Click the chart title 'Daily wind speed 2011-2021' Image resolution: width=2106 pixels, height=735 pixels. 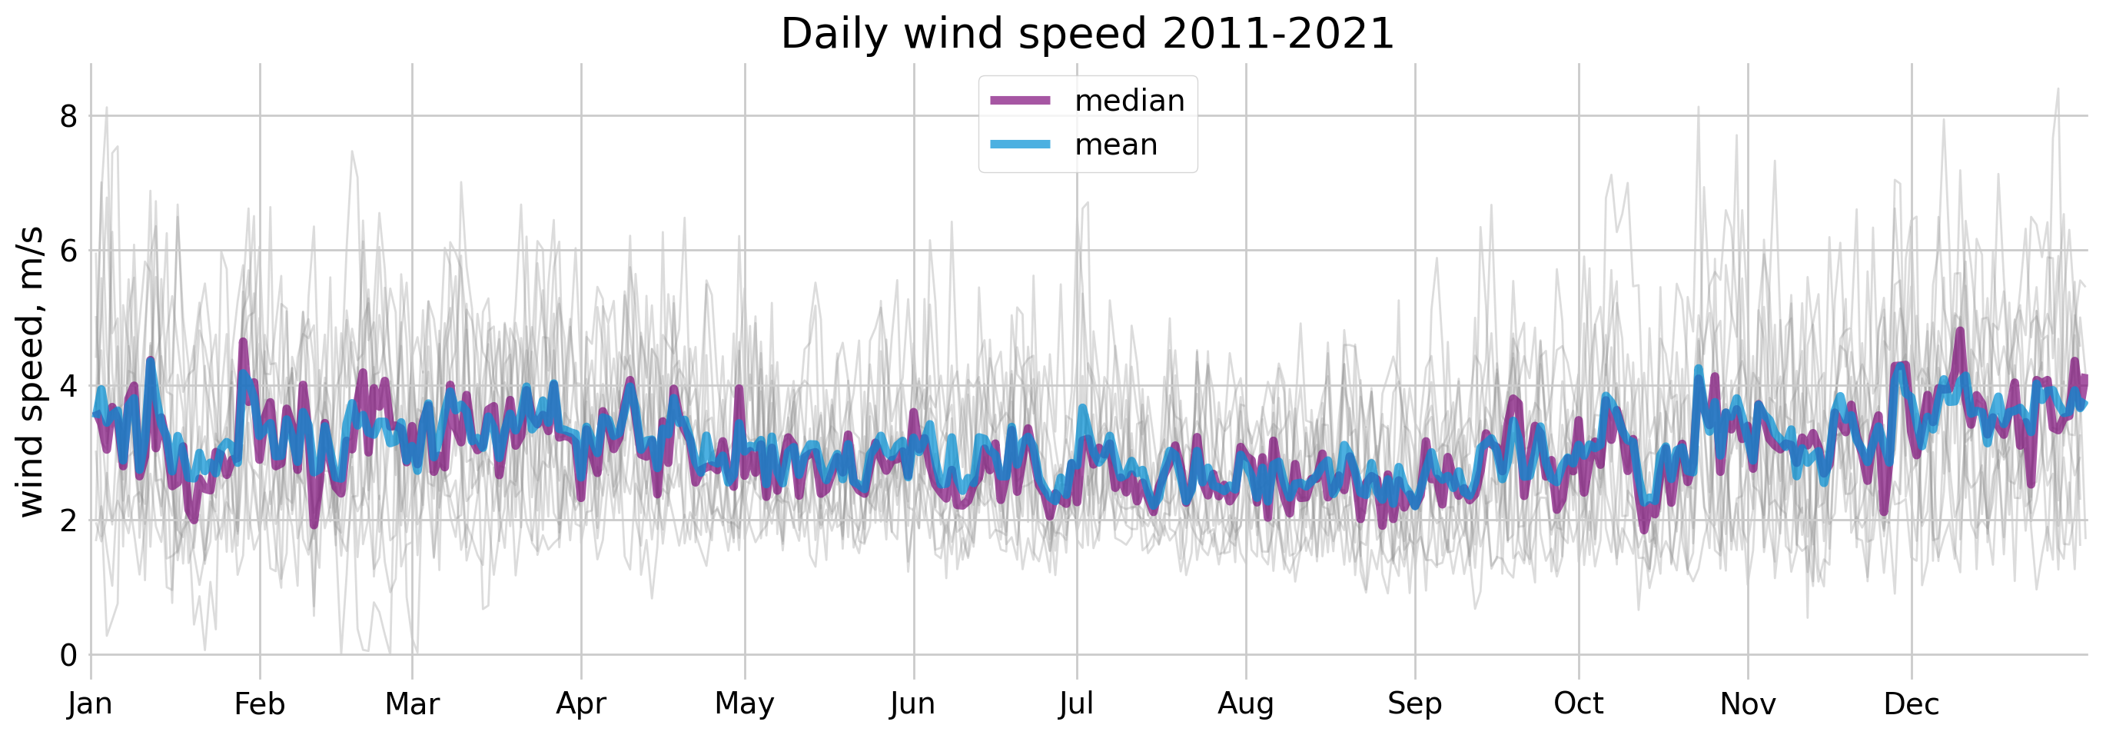(1088, 35)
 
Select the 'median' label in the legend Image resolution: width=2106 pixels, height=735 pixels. (1129, 101)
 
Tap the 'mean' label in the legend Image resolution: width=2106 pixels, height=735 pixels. (1116, 145)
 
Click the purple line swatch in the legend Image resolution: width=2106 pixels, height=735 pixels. (1020, 101)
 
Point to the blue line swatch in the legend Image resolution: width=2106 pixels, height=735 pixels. (1020, 145)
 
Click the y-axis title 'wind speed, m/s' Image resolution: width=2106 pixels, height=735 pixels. (29, 372)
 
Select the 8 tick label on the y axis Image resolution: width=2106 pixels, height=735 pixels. (68, 116)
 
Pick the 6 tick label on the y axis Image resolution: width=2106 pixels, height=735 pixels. (68, 251)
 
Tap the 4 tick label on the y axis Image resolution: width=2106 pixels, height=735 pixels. (68, 385)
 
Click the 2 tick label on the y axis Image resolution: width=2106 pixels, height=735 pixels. (68, 520)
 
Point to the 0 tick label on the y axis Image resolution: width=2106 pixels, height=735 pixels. (68, 655)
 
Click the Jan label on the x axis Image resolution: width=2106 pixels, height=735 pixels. (90, 704)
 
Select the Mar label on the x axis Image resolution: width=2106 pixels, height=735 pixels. (412, 704)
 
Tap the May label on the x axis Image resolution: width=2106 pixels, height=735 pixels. (745, 704)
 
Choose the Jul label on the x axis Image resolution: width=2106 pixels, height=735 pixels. (1077, 704)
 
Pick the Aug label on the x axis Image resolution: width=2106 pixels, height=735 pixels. (1246, 704)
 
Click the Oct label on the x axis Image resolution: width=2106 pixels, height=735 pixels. (1579, 704)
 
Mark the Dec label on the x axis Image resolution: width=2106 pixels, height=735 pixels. (1912, 704)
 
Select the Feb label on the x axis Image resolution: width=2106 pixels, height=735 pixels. (259, 704)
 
